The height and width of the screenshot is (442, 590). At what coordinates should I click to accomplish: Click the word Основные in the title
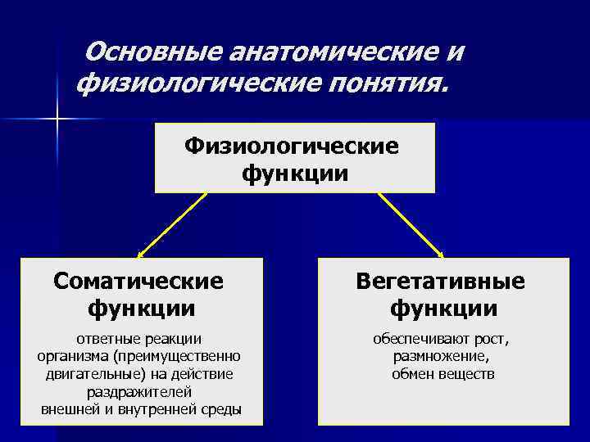click(153, 52)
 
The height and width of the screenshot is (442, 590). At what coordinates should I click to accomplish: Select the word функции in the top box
click(295, 174)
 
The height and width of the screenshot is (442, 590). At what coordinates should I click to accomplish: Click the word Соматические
click(138, 281)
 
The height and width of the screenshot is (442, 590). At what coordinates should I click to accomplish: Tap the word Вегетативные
click(441, 281)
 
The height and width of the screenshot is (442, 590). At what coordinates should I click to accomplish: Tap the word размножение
click(441, 356)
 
